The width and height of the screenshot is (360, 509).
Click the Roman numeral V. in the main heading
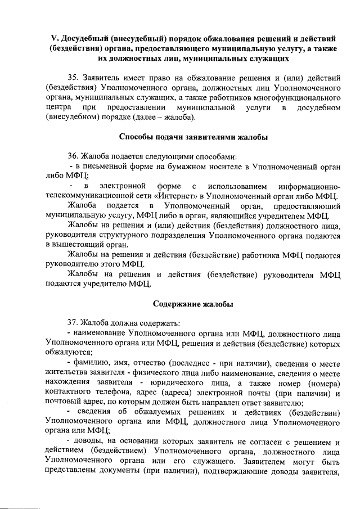[55, 38]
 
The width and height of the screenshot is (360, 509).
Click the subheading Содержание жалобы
[193, 304]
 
